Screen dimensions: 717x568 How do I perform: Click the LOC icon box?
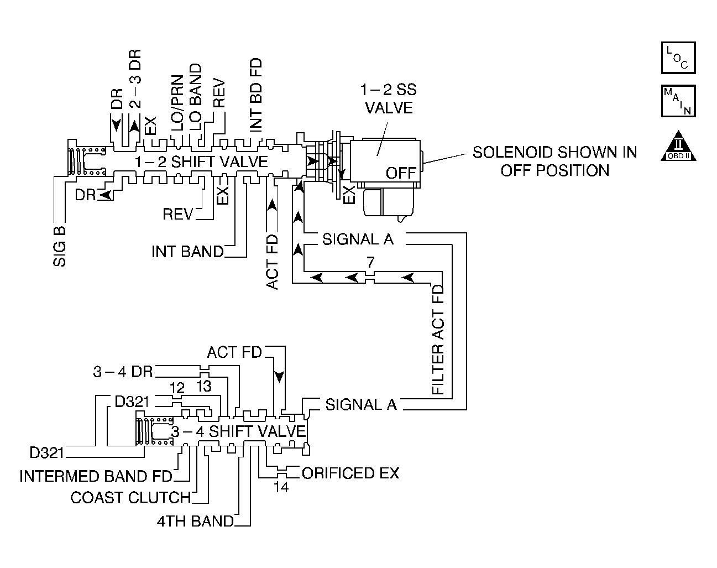tap(678, 58)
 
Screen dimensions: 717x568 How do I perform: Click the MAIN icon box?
tap(678, 101)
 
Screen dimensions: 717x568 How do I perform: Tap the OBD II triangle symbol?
tap(678, 146)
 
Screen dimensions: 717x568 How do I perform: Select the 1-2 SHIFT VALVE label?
tap(201, 162)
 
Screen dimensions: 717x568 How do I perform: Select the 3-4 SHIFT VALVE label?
tap(238, 431)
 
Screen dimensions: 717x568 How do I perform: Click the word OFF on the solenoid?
tap(401, 173)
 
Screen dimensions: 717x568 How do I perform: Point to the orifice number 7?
tap(370, 262)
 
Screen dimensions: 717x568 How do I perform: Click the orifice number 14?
tap(281, 487)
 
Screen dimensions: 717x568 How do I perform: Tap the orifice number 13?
tap(203, 387)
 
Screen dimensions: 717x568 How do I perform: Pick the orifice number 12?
tap(177, 388)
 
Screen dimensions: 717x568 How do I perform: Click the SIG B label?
tap(60, 247)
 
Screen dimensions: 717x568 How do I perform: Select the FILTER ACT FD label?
tap(438, 340)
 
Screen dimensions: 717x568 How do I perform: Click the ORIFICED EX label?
tap(350, 473)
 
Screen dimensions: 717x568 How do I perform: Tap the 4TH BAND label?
tap(195, 522)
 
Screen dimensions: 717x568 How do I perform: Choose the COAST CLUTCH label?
tap(130, 498)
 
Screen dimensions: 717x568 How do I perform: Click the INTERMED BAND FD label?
tap(96, 476)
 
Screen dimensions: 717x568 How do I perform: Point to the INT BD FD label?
tap(256, 95)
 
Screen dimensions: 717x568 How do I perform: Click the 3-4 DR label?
tap(123, 372)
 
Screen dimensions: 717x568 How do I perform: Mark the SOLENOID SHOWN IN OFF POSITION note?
tap(555, 161)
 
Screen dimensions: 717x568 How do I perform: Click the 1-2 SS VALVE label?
tap(389, 98)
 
